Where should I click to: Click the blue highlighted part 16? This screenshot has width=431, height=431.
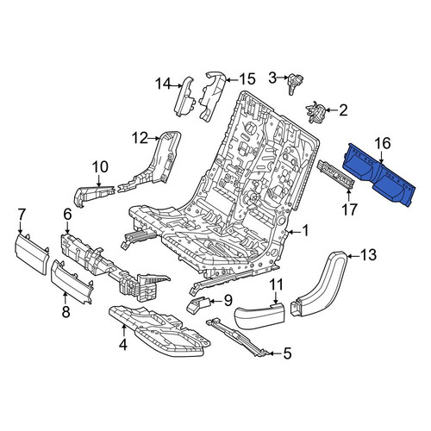tap(379, 175)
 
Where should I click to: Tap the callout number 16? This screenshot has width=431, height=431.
tap(384, 143)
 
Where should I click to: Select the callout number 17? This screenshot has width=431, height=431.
tap(349, 209)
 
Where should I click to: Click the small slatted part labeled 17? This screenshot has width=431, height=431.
tap(334, 175)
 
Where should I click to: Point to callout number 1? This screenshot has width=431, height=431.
tap(305, 231)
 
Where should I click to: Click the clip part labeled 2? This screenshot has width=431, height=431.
tap(315, 112)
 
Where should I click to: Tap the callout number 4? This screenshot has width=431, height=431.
tap(123, 344)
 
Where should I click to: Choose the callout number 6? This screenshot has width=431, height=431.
tap(67, 215)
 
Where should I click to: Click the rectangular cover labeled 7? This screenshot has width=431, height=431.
tap(32, 254)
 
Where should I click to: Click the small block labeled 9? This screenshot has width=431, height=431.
tap(199, 304)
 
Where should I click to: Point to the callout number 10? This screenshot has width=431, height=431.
tap(100, 167)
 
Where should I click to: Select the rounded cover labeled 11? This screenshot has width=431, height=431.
tap(260, 315)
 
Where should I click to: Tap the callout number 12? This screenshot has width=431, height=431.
tap(140, 138)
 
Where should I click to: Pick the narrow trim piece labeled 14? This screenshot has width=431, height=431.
tap(184, 97)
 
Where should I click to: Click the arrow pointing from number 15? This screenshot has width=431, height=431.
tap(232, 79)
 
